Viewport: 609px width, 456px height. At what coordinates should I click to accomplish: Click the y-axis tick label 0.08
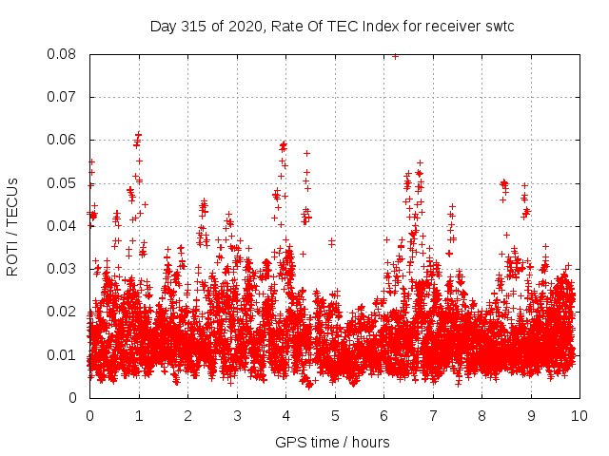tap(66, 54)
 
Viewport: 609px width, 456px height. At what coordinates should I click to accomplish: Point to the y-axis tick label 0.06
tap(66, 140)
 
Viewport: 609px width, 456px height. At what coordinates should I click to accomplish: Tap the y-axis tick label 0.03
tap(66, 269)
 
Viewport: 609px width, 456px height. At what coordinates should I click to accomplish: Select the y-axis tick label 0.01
tap(66, 355)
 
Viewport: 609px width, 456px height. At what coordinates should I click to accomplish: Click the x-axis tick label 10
tap(579, 415)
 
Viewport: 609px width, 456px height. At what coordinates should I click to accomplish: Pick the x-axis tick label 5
tap(334, 415)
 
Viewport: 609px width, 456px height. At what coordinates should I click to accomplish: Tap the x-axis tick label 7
tap(432, 415)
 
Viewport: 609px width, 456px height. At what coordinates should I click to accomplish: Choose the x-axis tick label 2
tap(187, 415)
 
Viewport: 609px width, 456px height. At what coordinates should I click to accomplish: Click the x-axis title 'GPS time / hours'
tap(332, 442)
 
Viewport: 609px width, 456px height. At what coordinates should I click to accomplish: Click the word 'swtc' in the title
tap(497, 26)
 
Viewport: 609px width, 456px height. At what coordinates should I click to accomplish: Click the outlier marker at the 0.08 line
tap(395, 55)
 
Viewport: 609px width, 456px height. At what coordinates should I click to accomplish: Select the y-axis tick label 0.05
tap(66, 183)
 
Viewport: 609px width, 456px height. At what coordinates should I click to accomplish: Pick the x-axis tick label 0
tap(89, 415)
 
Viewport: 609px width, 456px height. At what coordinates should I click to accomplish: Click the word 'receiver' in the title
tap(450, 26)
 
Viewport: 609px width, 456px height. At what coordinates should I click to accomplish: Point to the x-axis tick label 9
tap(530, 415)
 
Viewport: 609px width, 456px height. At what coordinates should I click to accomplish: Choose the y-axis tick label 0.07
tap(66, 97)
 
